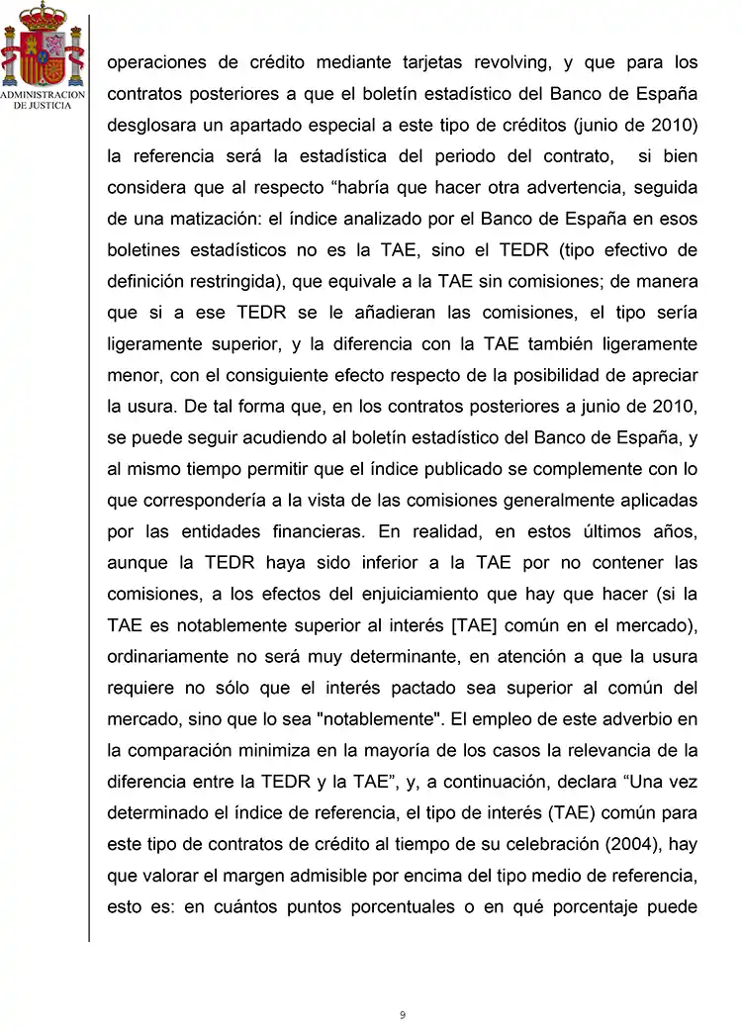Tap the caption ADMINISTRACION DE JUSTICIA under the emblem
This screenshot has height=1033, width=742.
click(42, 100)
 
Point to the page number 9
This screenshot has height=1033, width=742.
click(403, 1014)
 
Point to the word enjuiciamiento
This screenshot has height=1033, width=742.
click(397, 595)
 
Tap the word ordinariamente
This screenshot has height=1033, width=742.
click(169, 657)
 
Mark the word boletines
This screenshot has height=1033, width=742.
click(144, 250)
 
